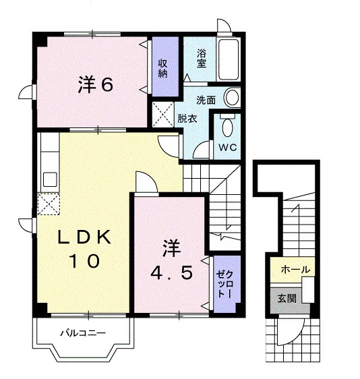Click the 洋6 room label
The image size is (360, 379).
click(96, 84)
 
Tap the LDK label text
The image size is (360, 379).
click(84, 237)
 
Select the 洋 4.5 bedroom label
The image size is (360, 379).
click(172, 260)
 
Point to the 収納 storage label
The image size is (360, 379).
click(162, 68)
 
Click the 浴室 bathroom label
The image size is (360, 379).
click(202, 58)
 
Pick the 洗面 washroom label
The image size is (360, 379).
click(206, 100)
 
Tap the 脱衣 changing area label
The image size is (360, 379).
click(187, 119)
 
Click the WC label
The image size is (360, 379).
click(228, 147)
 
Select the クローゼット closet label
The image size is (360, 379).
click(224, 285)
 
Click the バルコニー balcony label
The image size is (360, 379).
click(83, 333)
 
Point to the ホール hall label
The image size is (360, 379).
click(295, 269)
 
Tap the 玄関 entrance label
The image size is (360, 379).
click(287, 299)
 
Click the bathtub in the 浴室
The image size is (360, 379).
click(228, 59)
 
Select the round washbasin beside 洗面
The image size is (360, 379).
click(232, 97)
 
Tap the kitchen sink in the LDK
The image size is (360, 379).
click(50, 179)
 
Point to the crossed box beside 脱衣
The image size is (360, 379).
click(163, 115)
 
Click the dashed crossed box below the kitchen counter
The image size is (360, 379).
click(49, 204)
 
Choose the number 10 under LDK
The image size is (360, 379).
click(84, 260)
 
